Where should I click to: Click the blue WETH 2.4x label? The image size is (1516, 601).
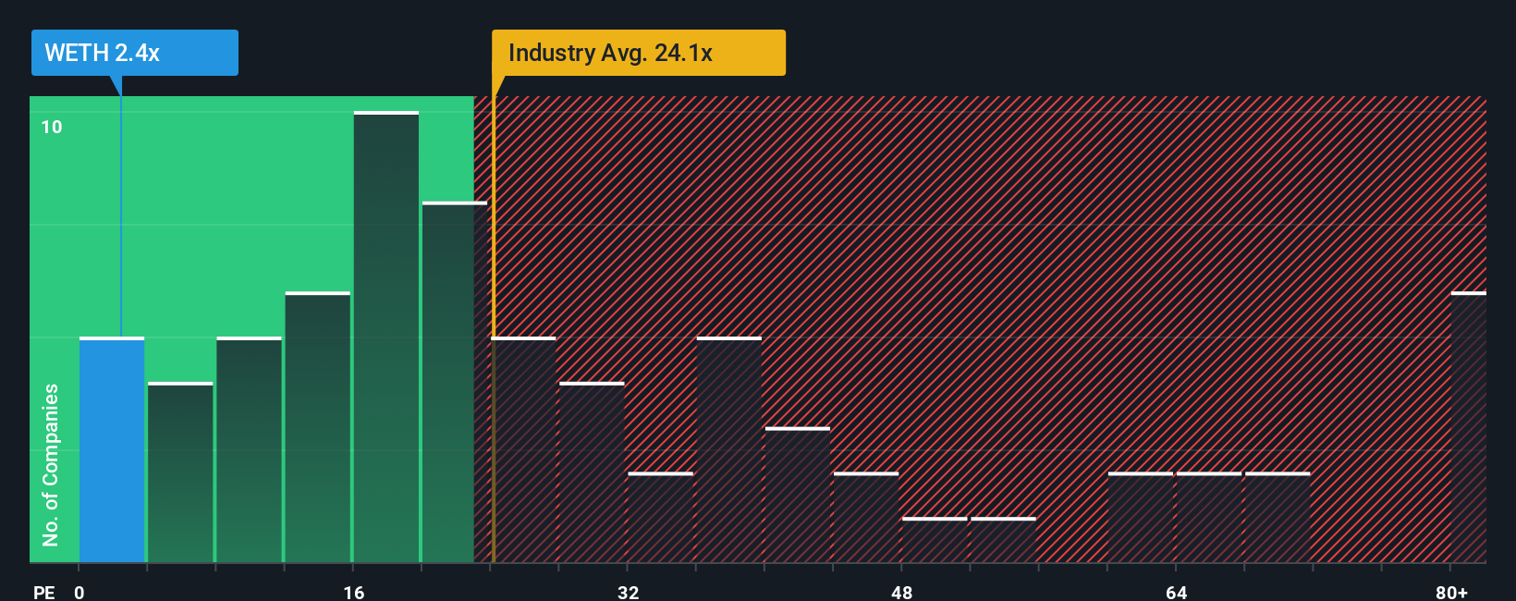(x=134, y=53)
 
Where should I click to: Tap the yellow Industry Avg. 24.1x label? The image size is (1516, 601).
(x=638, y=53)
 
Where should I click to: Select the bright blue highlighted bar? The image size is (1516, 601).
(x=112, y=450)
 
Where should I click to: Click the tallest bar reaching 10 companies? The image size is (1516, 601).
(x=386, y=337)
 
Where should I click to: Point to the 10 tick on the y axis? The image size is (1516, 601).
(x=52, y=127)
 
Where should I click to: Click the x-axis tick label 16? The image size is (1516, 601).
(x=353, y=592)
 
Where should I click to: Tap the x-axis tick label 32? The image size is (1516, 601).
(x=628, y=592)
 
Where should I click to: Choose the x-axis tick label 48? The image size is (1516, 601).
(x=901, y=592)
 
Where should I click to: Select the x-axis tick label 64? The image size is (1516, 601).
(x=1176, y=592)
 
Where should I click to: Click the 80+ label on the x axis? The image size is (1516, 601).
(x=1451, y=592)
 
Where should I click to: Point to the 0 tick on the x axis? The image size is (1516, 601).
(x=79, y=592)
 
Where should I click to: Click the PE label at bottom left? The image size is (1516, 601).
(x=44, y=592)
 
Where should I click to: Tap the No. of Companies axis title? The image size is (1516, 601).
(x=51, y=464)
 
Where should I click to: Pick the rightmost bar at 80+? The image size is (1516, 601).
(x=1468, y=428)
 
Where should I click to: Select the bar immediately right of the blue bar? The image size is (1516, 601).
(x=180, y=472)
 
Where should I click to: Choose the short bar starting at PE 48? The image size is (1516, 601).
(x=935, y=540)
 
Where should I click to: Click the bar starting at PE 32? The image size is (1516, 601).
(x=660, y=518)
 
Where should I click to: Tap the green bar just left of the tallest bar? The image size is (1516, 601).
(x=318, y=428)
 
